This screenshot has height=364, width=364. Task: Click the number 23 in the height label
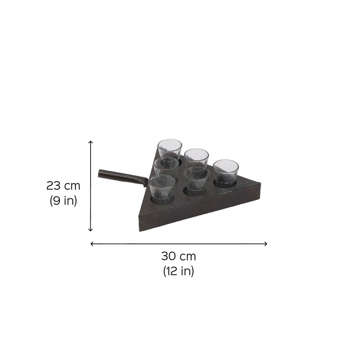click(x=54, y=186)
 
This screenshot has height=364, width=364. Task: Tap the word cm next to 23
click(x=72, y=187)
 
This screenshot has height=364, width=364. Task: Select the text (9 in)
click(x=63, y=201)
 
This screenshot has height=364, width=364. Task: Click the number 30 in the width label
click(x=169, y=257)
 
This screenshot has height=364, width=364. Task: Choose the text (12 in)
click(x=178, y=271)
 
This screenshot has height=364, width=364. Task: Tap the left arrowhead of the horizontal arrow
click(x=92, y=244)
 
